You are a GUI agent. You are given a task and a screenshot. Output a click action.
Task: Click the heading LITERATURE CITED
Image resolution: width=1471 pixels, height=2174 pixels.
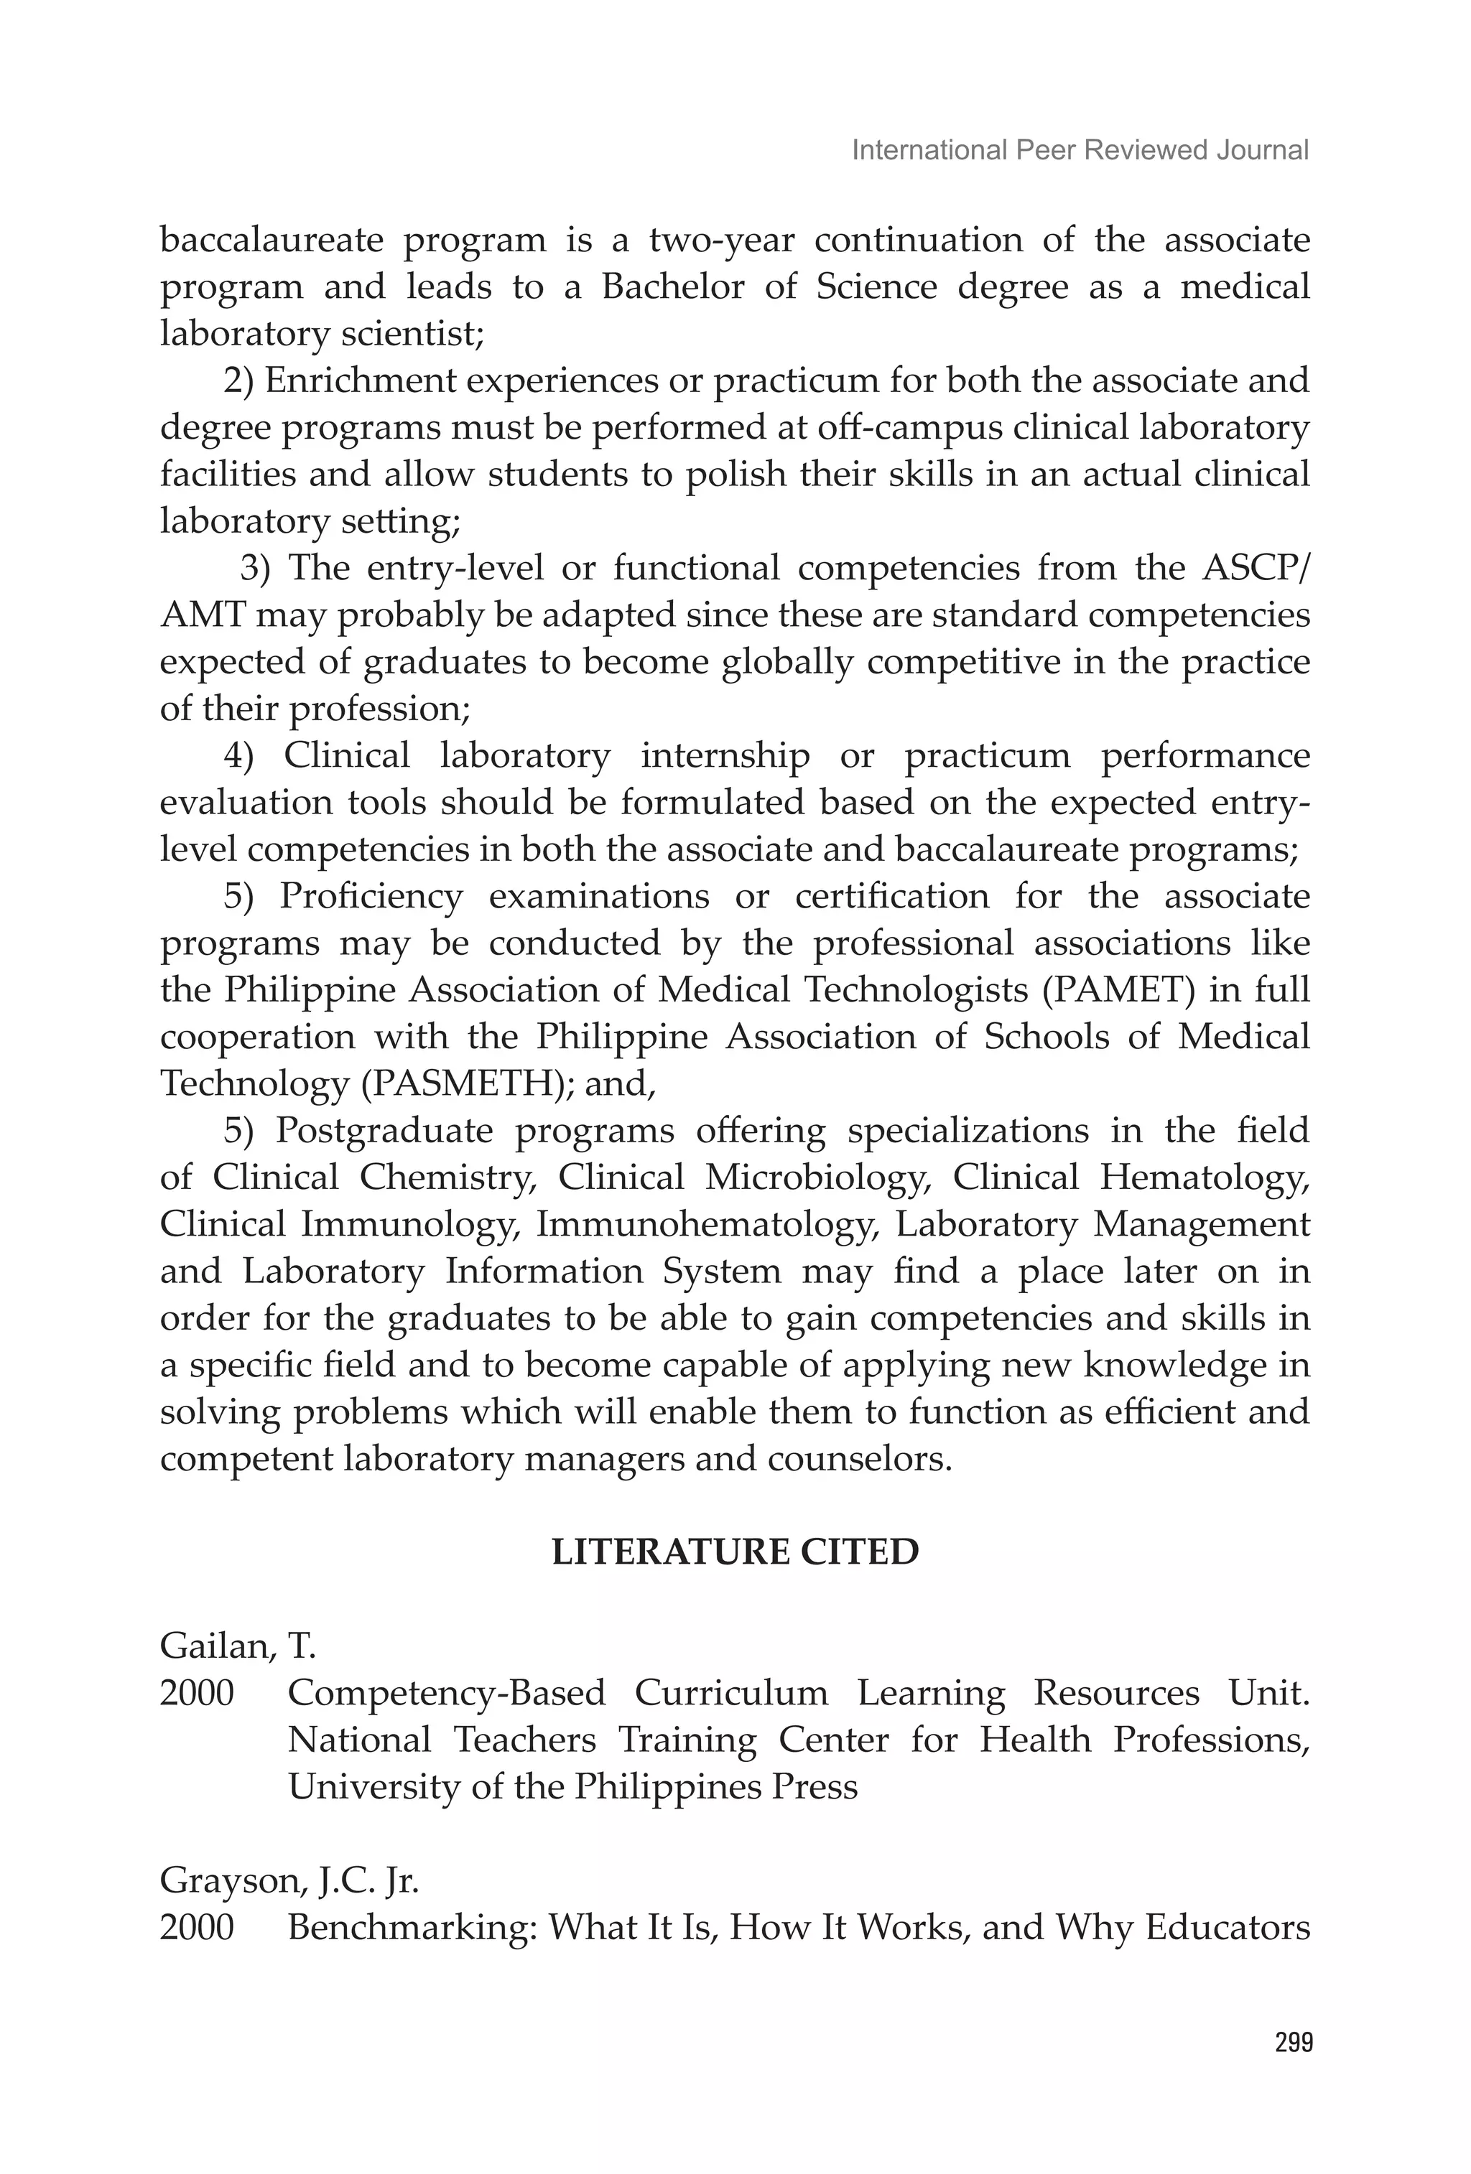click(x=735, y=1552)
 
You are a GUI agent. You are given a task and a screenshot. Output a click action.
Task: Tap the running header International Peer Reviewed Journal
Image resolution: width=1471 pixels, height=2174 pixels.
click(x=1079, y=151)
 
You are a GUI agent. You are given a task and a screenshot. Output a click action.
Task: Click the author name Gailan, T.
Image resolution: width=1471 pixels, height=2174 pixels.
click(x=238, y=1646)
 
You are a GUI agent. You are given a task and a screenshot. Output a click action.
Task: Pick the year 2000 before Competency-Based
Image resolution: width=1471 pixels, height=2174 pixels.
click(x=197, y=1693)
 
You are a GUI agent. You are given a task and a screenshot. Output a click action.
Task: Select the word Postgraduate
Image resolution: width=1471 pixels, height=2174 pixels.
click(x=383, y=1131)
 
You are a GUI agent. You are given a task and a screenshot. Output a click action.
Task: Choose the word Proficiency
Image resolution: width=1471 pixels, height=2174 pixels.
click(x=371, y=896)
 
